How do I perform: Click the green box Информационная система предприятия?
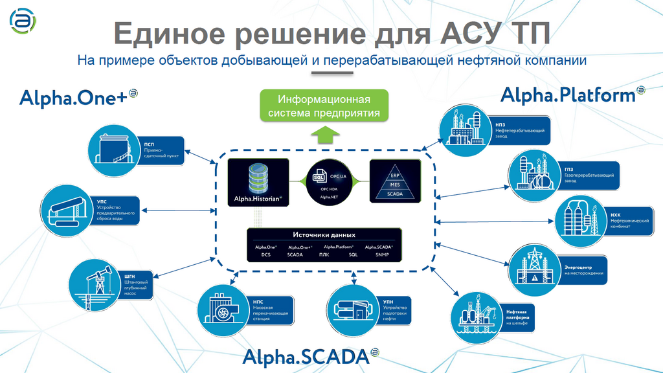pos(324,106)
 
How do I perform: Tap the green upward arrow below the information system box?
pos(324,134)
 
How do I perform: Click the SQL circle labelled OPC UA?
pos(327,181)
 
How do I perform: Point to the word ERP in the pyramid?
pos(394,175)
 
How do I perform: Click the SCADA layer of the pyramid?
pos(394,193)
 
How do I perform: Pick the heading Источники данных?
pos(324,234)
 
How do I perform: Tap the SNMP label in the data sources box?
pos(375,254)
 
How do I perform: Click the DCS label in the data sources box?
pos(265,254)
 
